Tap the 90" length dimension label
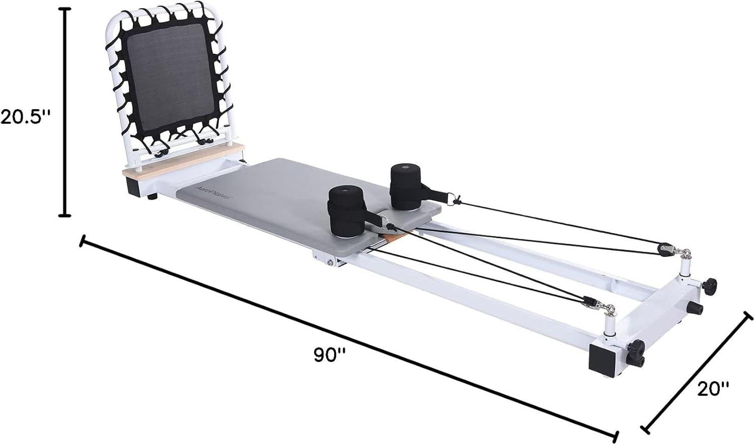tap(330, 355)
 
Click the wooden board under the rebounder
tap(184, 160)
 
